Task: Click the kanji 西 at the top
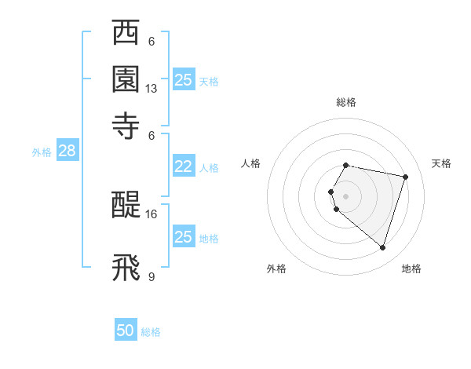(x=126, y=35)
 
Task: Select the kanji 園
(x=126, y=79)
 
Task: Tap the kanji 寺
(x=126, y=123)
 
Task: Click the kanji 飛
(x=126, y=266)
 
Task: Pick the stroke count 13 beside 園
(x=152, y=89)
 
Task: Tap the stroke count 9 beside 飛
(x=152, y=276)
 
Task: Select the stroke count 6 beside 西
(x=152, y=42)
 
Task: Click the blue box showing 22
(x=183, y=166)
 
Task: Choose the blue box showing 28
(x=67, y=152)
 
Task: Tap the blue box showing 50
(x=126, y=331)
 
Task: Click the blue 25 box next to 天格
(x=183, y=80)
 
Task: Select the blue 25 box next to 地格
(x=183, y=237)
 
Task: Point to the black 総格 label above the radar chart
(x=345, y=102)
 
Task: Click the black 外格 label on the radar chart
(x=276, y=269)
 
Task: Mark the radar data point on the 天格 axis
(x=405, y=177)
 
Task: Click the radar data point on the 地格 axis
(x=382, y=248)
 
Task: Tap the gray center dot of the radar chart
(x=345, y=195)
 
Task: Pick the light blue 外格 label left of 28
(x=41, y=152)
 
